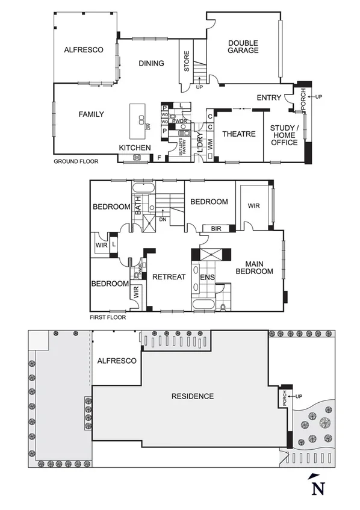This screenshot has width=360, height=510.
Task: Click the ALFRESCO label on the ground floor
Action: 85,51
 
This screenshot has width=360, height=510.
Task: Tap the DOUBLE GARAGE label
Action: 243,46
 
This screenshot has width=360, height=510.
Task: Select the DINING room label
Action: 151,63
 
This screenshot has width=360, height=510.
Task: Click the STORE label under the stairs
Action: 187,62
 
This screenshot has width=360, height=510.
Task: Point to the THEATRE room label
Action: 239,134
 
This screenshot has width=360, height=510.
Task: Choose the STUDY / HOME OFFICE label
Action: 284,135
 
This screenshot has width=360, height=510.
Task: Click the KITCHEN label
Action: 134,148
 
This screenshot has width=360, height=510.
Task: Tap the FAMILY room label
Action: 91,114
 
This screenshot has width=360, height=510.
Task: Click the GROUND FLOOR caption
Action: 76,161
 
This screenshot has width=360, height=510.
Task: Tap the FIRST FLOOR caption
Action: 108,317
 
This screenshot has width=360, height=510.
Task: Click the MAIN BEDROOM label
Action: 259,267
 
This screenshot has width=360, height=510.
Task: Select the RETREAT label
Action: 169,277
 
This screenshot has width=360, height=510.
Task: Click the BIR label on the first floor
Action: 215,229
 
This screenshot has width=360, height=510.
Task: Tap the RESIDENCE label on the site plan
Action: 193,396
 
